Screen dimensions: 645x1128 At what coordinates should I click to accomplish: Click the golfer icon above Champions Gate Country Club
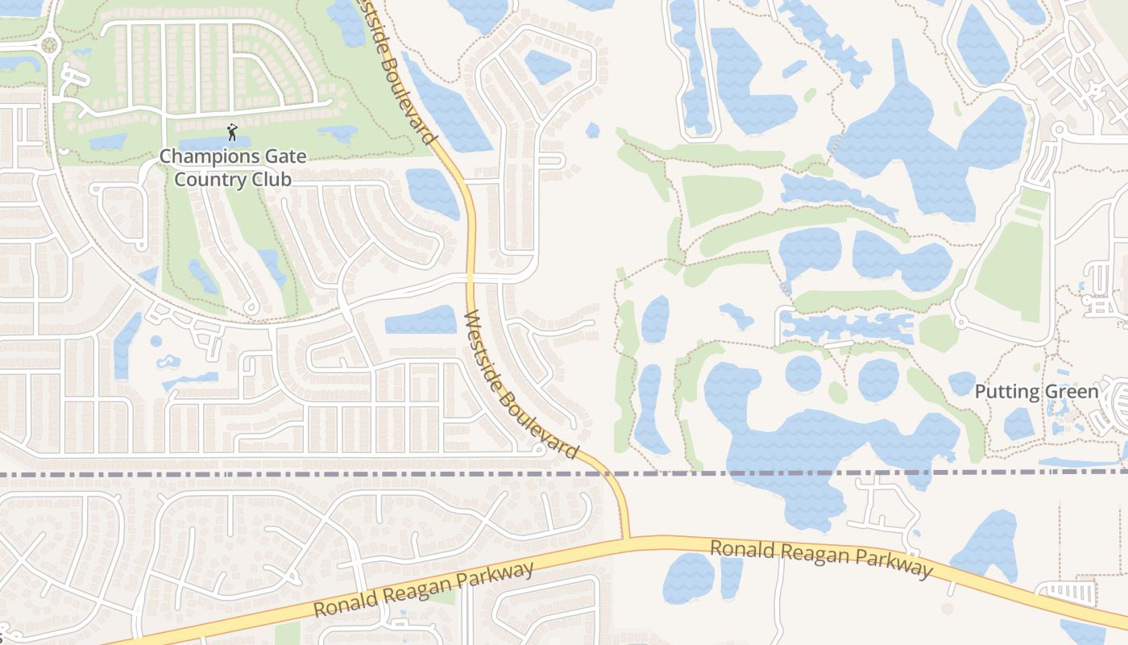pyautogui.click(x=233, y=131)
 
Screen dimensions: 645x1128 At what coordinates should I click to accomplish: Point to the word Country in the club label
pyautogui.click(x=212, y=179)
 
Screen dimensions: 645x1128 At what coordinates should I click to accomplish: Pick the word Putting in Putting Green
pyautogui.click(x=1007, y=393)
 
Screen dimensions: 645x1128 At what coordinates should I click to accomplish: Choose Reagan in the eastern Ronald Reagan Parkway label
pyautogui.click(x=808, y=555)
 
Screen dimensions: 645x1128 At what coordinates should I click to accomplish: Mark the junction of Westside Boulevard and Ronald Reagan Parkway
pyautogui.click(x=626, y=539)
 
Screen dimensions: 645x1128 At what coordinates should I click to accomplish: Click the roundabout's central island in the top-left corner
pyautogui.click(x=48, y=45)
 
